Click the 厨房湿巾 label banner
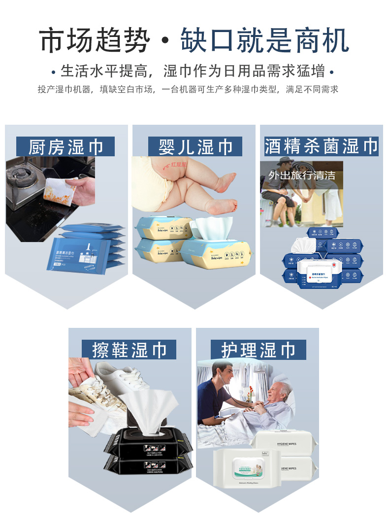tap(65, 147)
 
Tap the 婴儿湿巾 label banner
tap(195, 147)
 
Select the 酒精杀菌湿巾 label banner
tap(321, 146)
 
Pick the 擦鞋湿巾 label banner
tap(130, 350)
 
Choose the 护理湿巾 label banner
tap(258, 350)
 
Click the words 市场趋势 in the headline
tap(94, 41)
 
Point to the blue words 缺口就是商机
tap(265, 41)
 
